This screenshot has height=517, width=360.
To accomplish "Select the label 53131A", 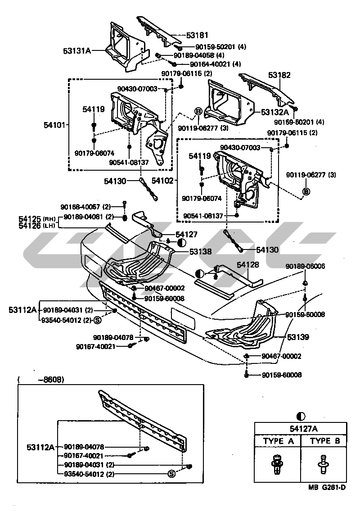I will point(77,50).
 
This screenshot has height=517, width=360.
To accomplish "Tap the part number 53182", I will point(279,76).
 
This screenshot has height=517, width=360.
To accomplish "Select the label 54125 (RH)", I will point(36,218).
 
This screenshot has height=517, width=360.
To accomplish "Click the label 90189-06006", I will point(305,267).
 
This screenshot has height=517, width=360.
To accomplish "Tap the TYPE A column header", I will point(279,441).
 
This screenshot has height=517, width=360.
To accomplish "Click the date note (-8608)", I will point(41,380).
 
